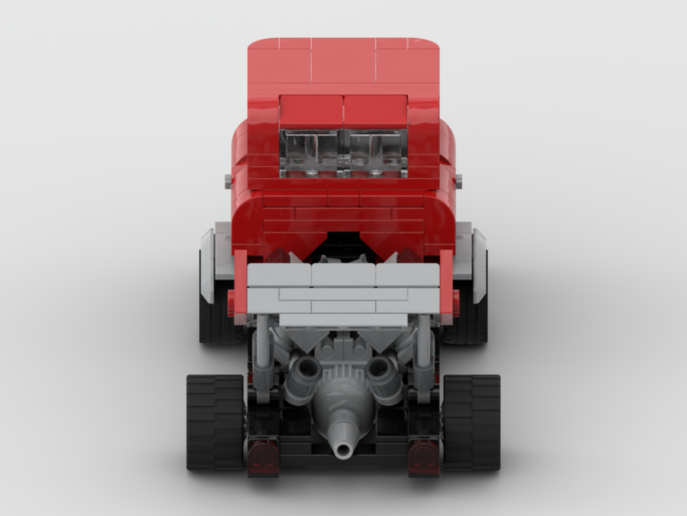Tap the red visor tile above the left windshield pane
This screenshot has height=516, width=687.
(311, 112)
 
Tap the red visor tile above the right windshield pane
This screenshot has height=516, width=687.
(376, 112)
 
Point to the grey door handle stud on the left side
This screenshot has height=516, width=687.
(228, 180)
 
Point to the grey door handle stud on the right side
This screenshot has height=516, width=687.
(458, 180)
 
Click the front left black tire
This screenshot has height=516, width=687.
(214, 421)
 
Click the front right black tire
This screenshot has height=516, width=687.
(473, 421)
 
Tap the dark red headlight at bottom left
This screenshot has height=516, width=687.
(262, 457)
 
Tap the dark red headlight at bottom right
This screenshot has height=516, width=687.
(424, 457)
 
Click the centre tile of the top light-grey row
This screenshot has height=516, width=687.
(343, 275)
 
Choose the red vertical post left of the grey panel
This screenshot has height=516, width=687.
(240, 286)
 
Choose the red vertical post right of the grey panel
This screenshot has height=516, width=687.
(447, 286)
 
